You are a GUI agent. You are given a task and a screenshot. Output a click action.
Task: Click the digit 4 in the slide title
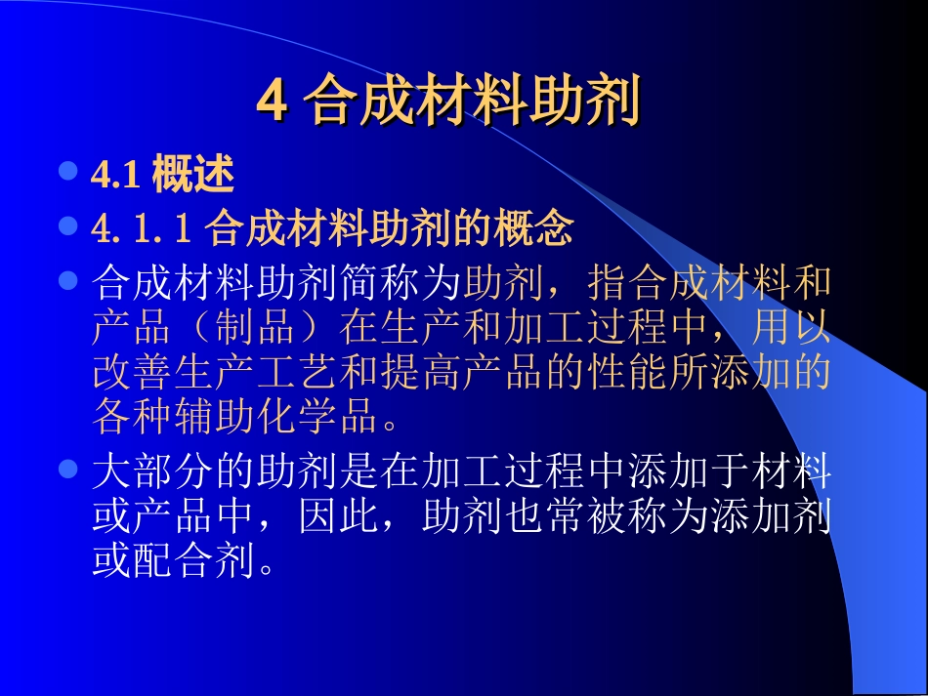273,101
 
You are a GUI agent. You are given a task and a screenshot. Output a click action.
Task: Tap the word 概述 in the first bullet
193,175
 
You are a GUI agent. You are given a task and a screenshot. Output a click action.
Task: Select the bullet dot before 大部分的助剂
67,470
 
